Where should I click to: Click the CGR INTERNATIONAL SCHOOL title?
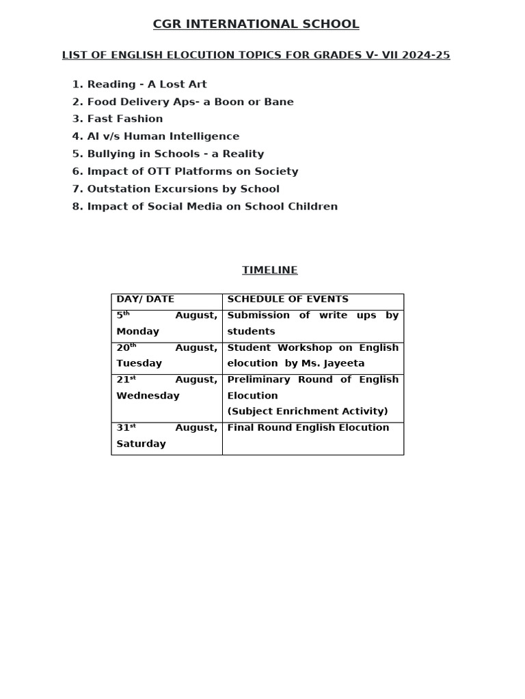256,25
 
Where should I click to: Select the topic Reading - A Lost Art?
146,85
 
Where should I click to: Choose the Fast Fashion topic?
124,119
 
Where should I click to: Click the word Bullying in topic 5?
110,154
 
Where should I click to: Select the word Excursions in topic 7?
181,189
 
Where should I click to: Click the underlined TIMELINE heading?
270,270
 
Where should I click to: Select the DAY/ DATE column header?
145,299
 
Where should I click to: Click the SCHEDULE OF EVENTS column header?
288,299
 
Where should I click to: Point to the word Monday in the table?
137,332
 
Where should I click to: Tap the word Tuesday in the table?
139,363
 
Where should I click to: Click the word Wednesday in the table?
148,395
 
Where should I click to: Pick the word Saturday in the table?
141,444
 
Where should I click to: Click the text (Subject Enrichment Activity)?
307,411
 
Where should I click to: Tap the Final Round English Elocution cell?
308,427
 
